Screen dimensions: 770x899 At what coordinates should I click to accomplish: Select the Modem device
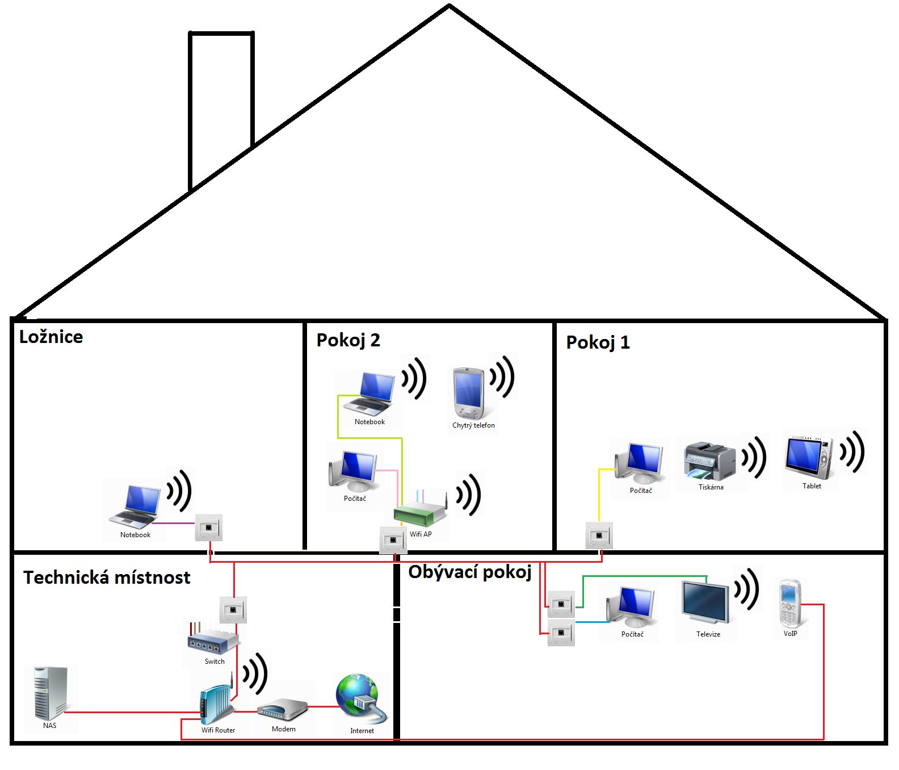point(282,710)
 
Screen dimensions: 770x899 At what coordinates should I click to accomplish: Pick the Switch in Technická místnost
point(213,641)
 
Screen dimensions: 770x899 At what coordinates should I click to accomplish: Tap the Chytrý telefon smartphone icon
point(468,393)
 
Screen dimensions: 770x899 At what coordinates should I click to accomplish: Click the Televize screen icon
point(705,604)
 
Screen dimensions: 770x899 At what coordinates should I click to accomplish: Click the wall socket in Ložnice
point(209,528)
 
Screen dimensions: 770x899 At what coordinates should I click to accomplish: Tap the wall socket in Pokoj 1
point(599,535)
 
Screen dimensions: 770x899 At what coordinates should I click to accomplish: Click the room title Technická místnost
point(107,577)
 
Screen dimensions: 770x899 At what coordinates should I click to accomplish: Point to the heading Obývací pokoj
point(470,572)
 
